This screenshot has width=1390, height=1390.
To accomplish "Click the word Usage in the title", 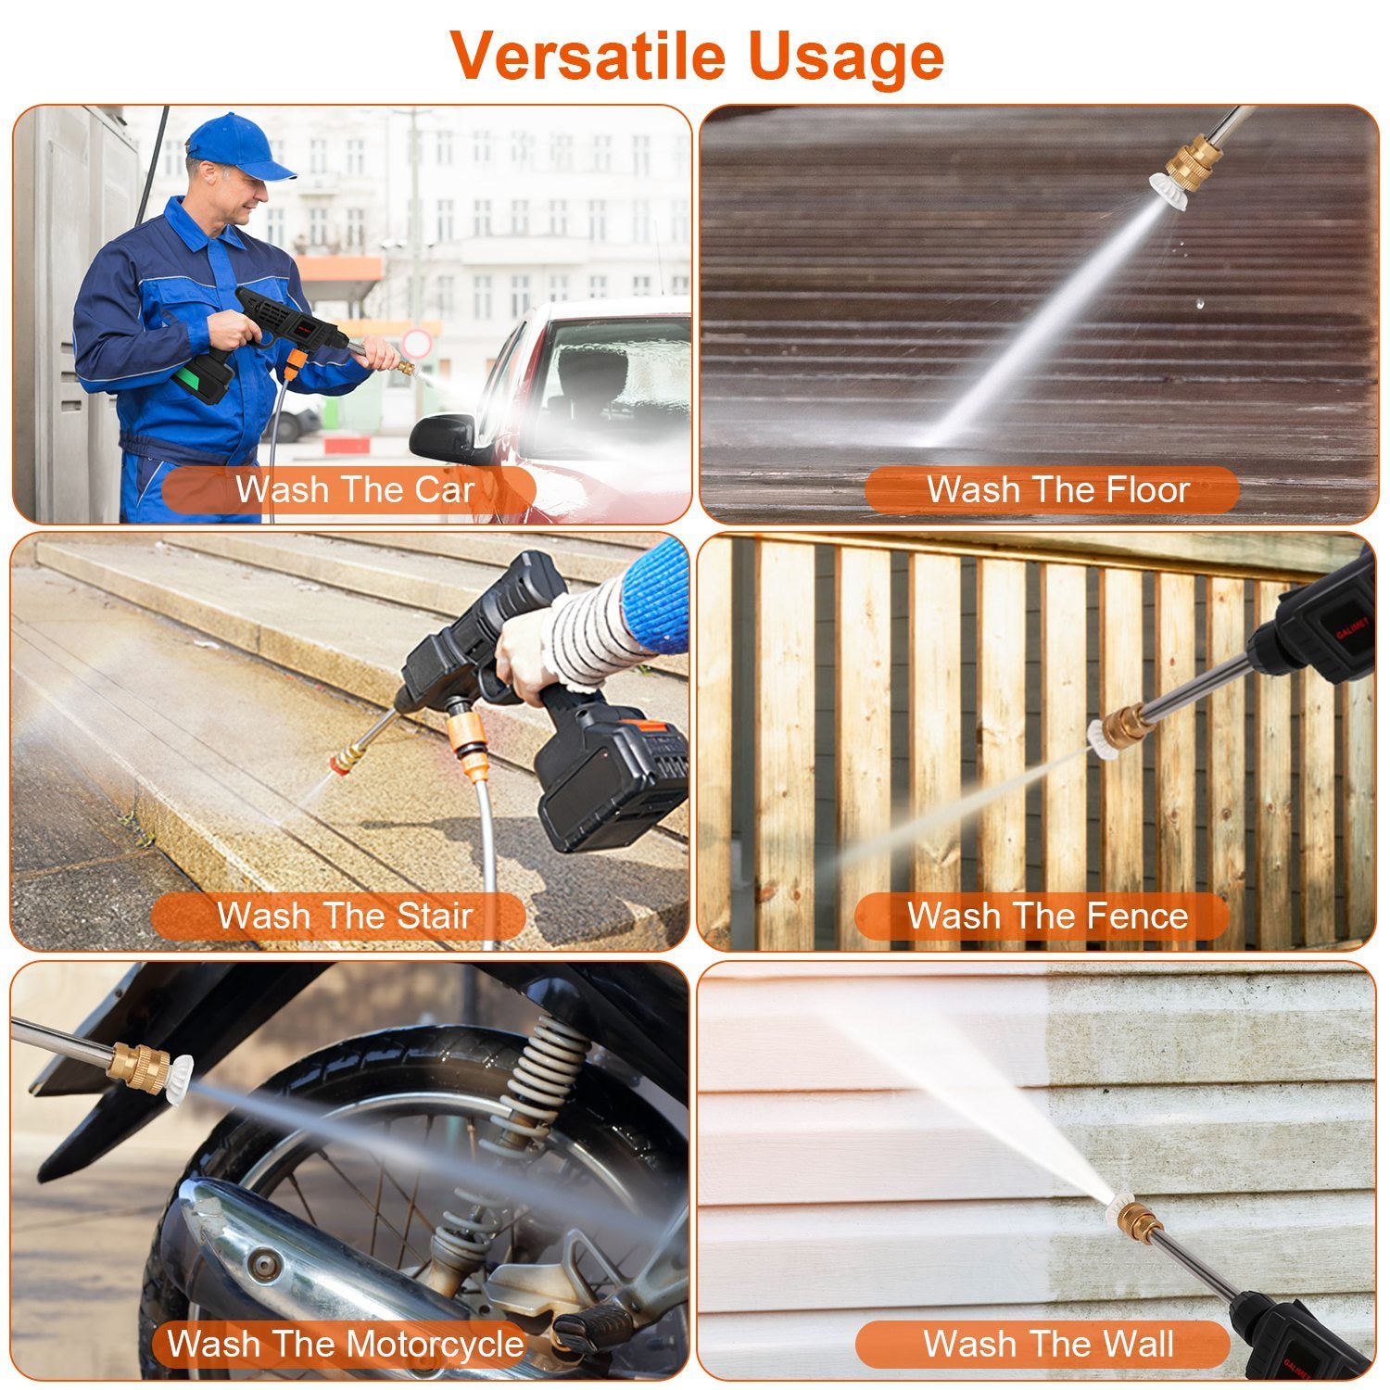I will click(x=845, y=57).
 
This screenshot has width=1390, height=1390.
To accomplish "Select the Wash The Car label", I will click(x=354, y=489).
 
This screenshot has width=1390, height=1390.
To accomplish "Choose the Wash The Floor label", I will click(x=1056, y=489).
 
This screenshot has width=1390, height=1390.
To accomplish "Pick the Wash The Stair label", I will click(x=345, y=916).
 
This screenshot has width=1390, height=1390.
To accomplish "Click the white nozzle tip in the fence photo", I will click(x=1103, y=739).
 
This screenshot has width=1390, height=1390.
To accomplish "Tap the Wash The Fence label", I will click(x=1047, y=916).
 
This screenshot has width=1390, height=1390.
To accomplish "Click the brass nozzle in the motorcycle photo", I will click(x=139, y=1066).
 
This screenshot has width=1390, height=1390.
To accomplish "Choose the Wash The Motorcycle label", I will click(x=345, y=1344).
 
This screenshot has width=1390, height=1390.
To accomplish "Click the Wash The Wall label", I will click(x=1047, y=1344).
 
